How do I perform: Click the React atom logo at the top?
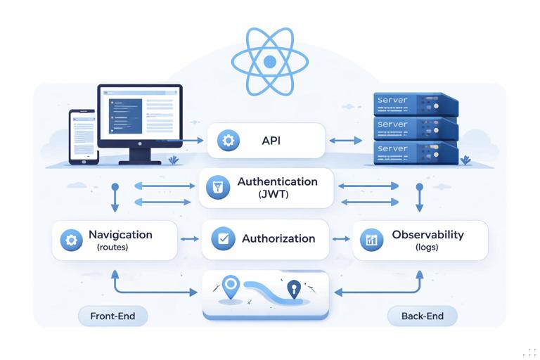click(270, 62)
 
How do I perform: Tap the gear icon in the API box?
click(228, 141)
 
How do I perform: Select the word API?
click(271, 141)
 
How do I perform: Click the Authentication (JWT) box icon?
click(218, 187)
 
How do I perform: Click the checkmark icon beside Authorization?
click(223, 238)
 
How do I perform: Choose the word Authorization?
click(278, 238)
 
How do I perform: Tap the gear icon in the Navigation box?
click(70, 240)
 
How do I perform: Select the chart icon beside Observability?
click(371, 240)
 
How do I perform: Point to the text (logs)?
click(427, 247)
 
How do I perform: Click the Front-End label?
click(112, 316)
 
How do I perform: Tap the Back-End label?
click(423, 316)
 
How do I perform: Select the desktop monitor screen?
click(139, 115)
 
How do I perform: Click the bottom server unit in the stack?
click(414, 152)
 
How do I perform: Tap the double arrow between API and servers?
click(345, 141)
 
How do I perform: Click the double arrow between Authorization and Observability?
click(341, 239)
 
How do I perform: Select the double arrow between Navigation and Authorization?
click(190, 239)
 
